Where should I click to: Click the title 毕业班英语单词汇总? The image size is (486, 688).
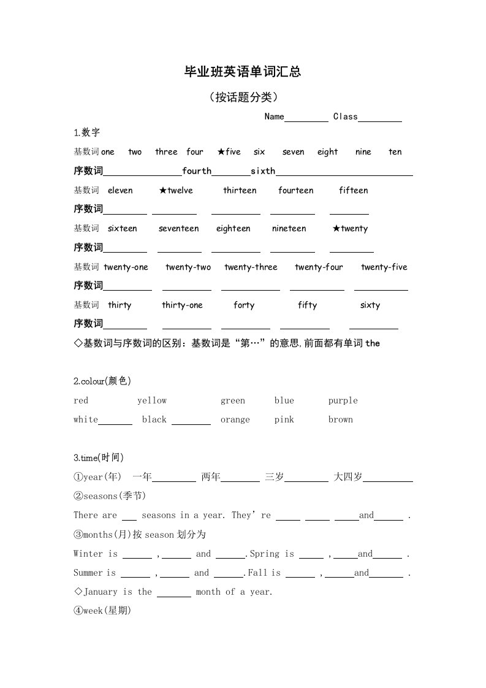243,72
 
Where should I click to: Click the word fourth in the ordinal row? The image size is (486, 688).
197,171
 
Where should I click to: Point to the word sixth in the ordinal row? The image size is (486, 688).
263,171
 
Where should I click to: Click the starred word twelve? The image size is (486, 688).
176,191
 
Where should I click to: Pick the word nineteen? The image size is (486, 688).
289,229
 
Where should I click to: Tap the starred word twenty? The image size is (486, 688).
350,229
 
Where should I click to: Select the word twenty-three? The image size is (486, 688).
251,267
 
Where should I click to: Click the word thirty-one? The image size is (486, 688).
182,305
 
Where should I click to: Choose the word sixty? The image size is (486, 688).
370,305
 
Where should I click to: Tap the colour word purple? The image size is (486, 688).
343,401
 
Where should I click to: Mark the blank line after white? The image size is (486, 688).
115,422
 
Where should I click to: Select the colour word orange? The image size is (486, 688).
235,420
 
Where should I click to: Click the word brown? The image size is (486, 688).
340,420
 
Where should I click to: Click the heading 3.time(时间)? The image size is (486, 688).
99,457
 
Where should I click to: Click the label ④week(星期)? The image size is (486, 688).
102,611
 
